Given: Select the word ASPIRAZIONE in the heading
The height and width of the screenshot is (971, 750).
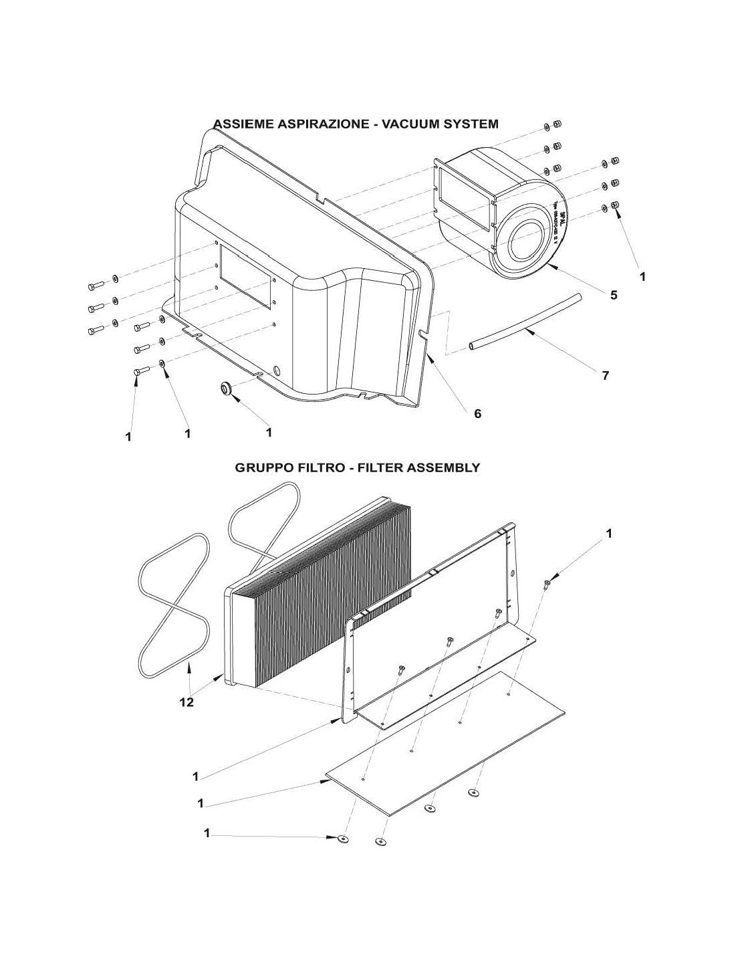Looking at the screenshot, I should coord(314,124).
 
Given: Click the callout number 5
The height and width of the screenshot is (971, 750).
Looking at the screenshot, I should coord(613,295).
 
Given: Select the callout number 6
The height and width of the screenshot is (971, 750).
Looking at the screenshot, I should coord(477,413).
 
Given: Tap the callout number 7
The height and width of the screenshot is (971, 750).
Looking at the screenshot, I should coord(605,375).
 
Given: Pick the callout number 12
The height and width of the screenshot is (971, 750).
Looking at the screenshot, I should coord(186,702).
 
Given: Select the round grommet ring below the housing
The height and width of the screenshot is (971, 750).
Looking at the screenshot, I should coord(227,387).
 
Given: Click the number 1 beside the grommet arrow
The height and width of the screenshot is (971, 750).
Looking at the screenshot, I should coord(269,433).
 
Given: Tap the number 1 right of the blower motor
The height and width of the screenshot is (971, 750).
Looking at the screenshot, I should coord(642,276).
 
